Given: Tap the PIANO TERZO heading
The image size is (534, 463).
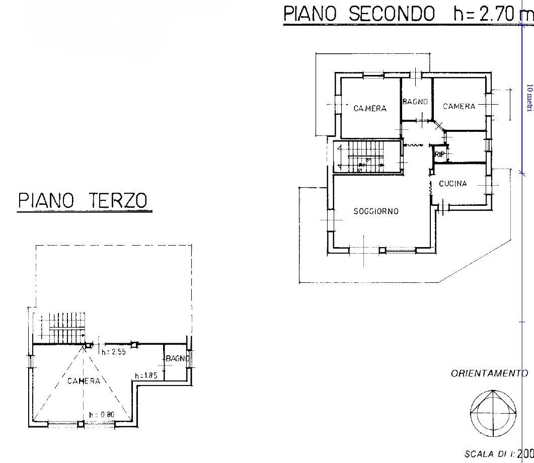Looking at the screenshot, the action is [x=83, y=200].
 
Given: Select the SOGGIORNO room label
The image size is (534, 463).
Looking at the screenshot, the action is [x=376, y=211].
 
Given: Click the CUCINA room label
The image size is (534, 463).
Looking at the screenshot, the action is [x=453, y=184].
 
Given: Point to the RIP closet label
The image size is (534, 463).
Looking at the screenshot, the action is [x=440, y=154].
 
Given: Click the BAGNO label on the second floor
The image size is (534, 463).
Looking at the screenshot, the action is [x=415, y=102].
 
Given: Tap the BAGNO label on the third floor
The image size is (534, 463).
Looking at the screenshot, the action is [x=178, y=358].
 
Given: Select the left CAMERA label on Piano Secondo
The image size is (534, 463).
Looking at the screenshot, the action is [x=370, y=109].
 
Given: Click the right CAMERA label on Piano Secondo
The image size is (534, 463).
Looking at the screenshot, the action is [x=459, y=106].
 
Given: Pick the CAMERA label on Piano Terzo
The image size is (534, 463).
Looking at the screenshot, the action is [x=84, y=381].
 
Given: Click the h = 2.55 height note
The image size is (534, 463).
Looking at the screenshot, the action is [x=114, y=352].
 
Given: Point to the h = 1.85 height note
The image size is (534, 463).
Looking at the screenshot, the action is [x=146, y=376].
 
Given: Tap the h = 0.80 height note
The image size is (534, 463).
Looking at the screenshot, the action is [x=102, y=415].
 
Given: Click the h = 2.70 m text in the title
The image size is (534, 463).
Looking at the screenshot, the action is [x=493, y=14].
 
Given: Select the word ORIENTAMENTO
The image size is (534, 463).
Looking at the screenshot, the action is [x=489, y=373].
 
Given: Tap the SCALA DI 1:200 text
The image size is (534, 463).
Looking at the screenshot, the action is [x=499, y=454].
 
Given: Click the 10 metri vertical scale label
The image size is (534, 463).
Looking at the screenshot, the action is [x=529, y=98].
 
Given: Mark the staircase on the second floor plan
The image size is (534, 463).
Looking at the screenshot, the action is [x=366, y=157].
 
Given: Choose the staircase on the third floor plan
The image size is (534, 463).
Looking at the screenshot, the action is [x=63, y=328].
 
